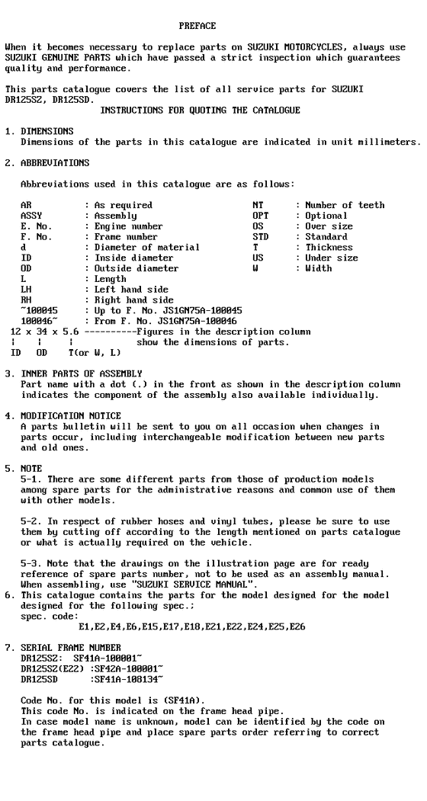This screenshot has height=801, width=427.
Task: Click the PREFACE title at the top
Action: [197, 26]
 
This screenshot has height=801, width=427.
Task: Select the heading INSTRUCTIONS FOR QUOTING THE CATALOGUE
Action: [201, 111]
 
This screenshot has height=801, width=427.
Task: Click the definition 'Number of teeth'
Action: [345, 205]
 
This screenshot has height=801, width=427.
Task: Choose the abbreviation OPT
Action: [260, 216]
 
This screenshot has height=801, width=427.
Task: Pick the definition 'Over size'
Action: [329, 226]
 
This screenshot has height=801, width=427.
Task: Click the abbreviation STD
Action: [260, 237]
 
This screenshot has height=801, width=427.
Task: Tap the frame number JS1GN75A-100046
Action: [202, 322]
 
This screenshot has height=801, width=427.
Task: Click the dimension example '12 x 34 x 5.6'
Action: [44, 332]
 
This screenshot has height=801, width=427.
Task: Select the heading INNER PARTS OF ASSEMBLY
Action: [82, 373]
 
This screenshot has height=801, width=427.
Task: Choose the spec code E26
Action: [297, 627]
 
